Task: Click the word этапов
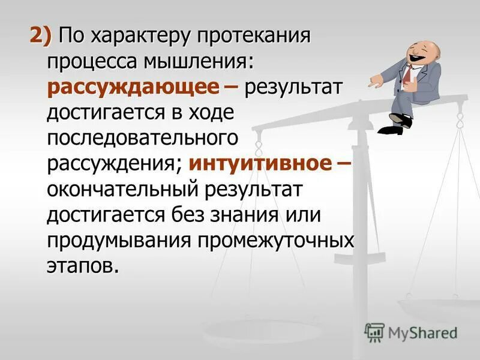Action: pos(82,265)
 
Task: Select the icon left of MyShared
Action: pos(374,332)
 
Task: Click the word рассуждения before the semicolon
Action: pos(114,164)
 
